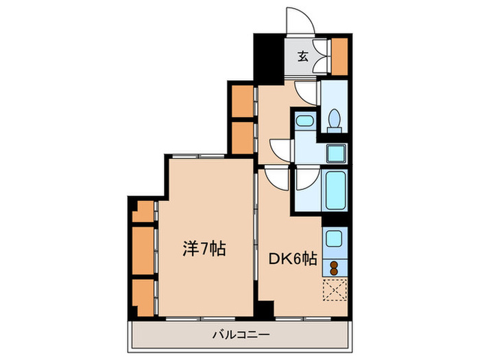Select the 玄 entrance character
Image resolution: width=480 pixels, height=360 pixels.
point(302,57)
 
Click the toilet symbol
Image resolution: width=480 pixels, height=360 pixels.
point(335,120)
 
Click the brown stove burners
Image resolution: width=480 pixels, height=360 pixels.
point(335,267)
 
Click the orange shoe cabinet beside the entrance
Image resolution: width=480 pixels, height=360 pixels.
point(339,56)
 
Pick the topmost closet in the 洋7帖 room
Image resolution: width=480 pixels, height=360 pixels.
point(143,211)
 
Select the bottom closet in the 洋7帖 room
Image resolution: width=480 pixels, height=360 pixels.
point(143,294)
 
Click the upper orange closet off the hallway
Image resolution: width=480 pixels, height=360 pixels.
point(242,101)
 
